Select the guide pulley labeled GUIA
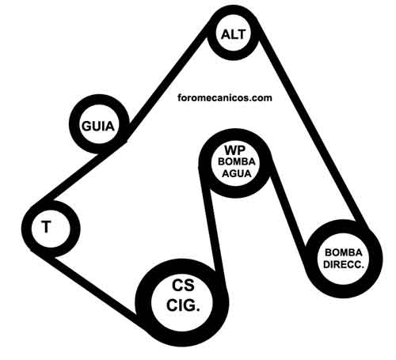[x=74, y=123]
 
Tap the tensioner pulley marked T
[x=26, y=227]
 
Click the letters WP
[x=235, y=150]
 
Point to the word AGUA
[x=237, y=173]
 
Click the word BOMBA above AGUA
[x=237, y=161]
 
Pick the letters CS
[x=183, y=285]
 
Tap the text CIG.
[x=183, y=305]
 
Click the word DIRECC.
[x=344, y=264]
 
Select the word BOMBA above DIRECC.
[x=344, y=252]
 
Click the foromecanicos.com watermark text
[x=225, y=98]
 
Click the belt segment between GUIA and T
[x=78, y=176]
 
